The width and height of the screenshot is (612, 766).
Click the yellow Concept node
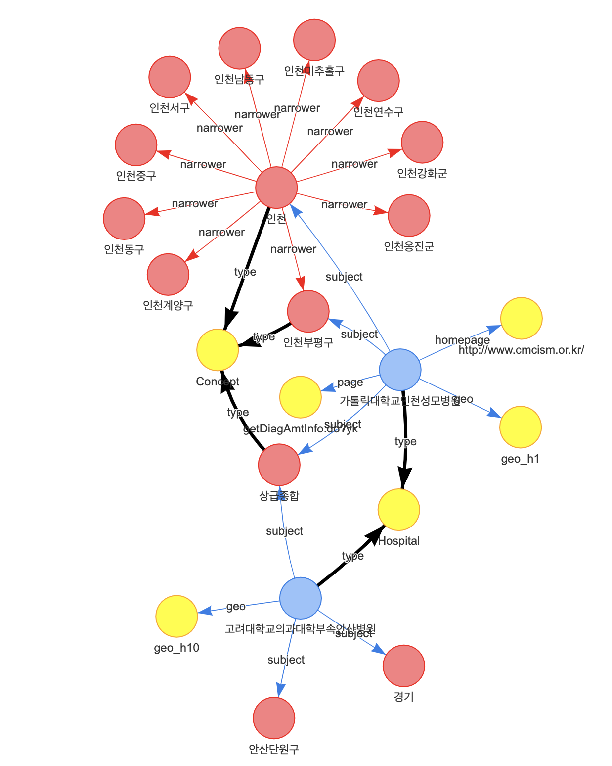point(218,350)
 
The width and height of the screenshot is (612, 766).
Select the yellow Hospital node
point(398,510)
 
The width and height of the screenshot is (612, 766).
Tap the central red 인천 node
point(276,188)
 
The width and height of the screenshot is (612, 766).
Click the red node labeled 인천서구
point(170,77)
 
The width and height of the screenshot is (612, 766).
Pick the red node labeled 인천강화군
point(422,142)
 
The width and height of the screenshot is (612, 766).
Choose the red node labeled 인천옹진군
point(409,216)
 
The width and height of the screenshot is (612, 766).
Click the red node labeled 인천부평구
point(308,311)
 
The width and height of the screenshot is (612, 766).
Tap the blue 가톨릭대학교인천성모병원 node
point(400,370)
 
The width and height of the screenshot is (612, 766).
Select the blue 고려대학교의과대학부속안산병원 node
point(300,598)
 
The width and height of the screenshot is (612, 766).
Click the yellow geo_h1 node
point(521,428)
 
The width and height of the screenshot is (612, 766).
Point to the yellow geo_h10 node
point(176,617)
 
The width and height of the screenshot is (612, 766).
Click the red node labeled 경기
point(403,666)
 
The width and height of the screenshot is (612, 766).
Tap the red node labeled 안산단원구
point(274,718)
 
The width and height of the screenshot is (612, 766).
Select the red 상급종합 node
point(279,465)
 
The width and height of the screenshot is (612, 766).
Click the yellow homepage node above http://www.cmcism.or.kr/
point(521,319)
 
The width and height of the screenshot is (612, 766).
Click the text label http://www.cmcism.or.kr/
point(521,350)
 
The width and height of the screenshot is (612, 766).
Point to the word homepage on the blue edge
point(462,340)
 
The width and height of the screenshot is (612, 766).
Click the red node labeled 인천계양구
point(168,275)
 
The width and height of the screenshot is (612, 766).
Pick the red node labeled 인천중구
point(136,145)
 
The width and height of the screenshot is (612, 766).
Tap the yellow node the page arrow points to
point(301,397)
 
